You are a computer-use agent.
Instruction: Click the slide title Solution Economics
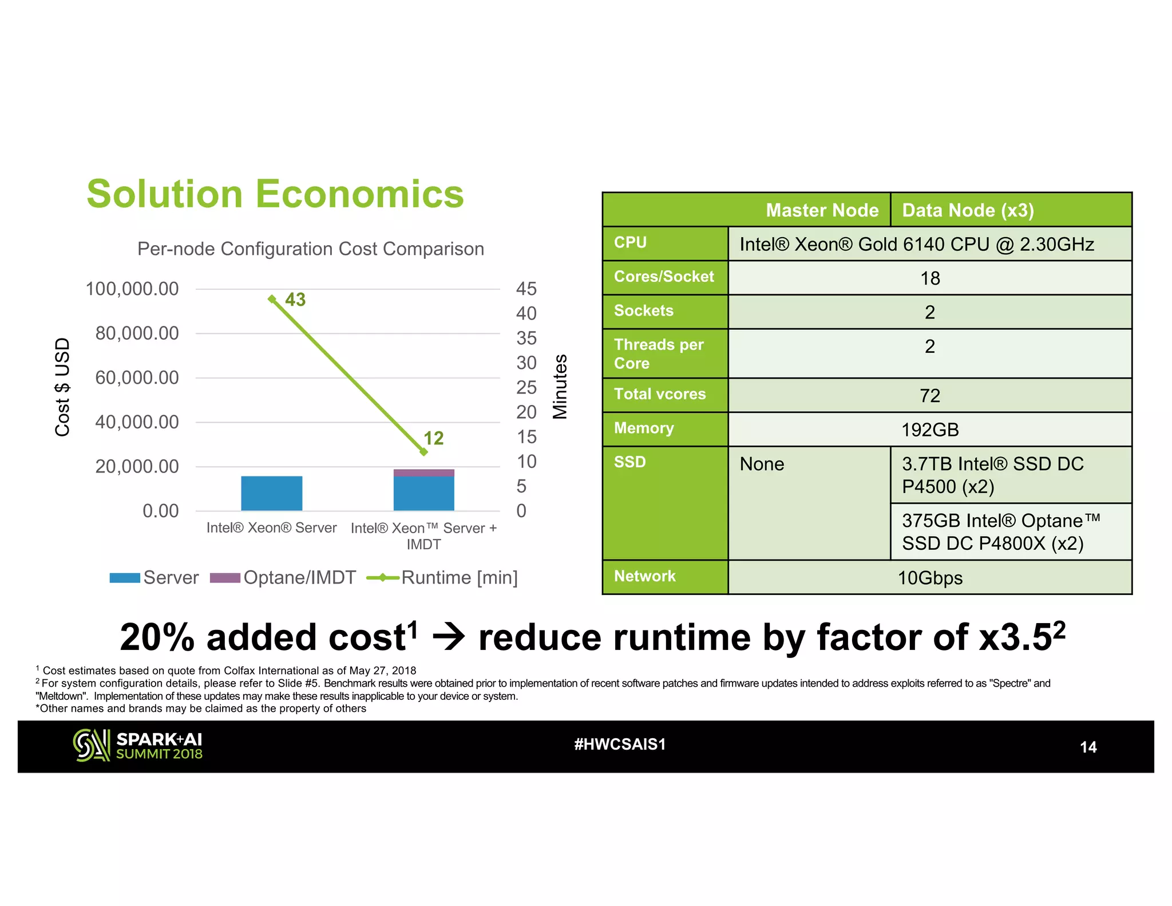[275, 194]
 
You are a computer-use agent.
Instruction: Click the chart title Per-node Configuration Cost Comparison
[310, 249]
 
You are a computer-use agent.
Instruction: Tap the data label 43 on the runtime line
[295, 300]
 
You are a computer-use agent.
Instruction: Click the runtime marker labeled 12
[423, 452]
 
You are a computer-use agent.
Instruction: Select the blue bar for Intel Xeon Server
[271, 493]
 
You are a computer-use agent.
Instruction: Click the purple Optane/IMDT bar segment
[423, 473]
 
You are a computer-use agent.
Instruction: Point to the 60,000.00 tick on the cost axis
[137, 378]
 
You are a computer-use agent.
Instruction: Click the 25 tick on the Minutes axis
[526, 388]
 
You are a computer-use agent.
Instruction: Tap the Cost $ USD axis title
[62, 387]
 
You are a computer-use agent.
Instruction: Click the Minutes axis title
[560, 387]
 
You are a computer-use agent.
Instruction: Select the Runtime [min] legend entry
[442, 578]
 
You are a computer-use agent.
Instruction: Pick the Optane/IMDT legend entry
[283, 578]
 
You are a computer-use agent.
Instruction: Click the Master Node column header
[822, 210]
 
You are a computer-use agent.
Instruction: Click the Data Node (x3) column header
[968, 210]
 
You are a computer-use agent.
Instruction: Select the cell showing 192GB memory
[929, 430]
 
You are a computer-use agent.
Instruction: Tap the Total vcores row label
[660, 395]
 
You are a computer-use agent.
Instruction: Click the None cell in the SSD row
[762, 464]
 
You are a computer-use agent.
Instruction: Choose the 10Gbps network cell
[929, 578]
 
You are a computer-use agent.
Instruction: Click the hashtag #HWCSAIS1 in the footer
[620, 745]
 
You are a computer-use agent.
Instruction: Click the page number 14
[1087, 747]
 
